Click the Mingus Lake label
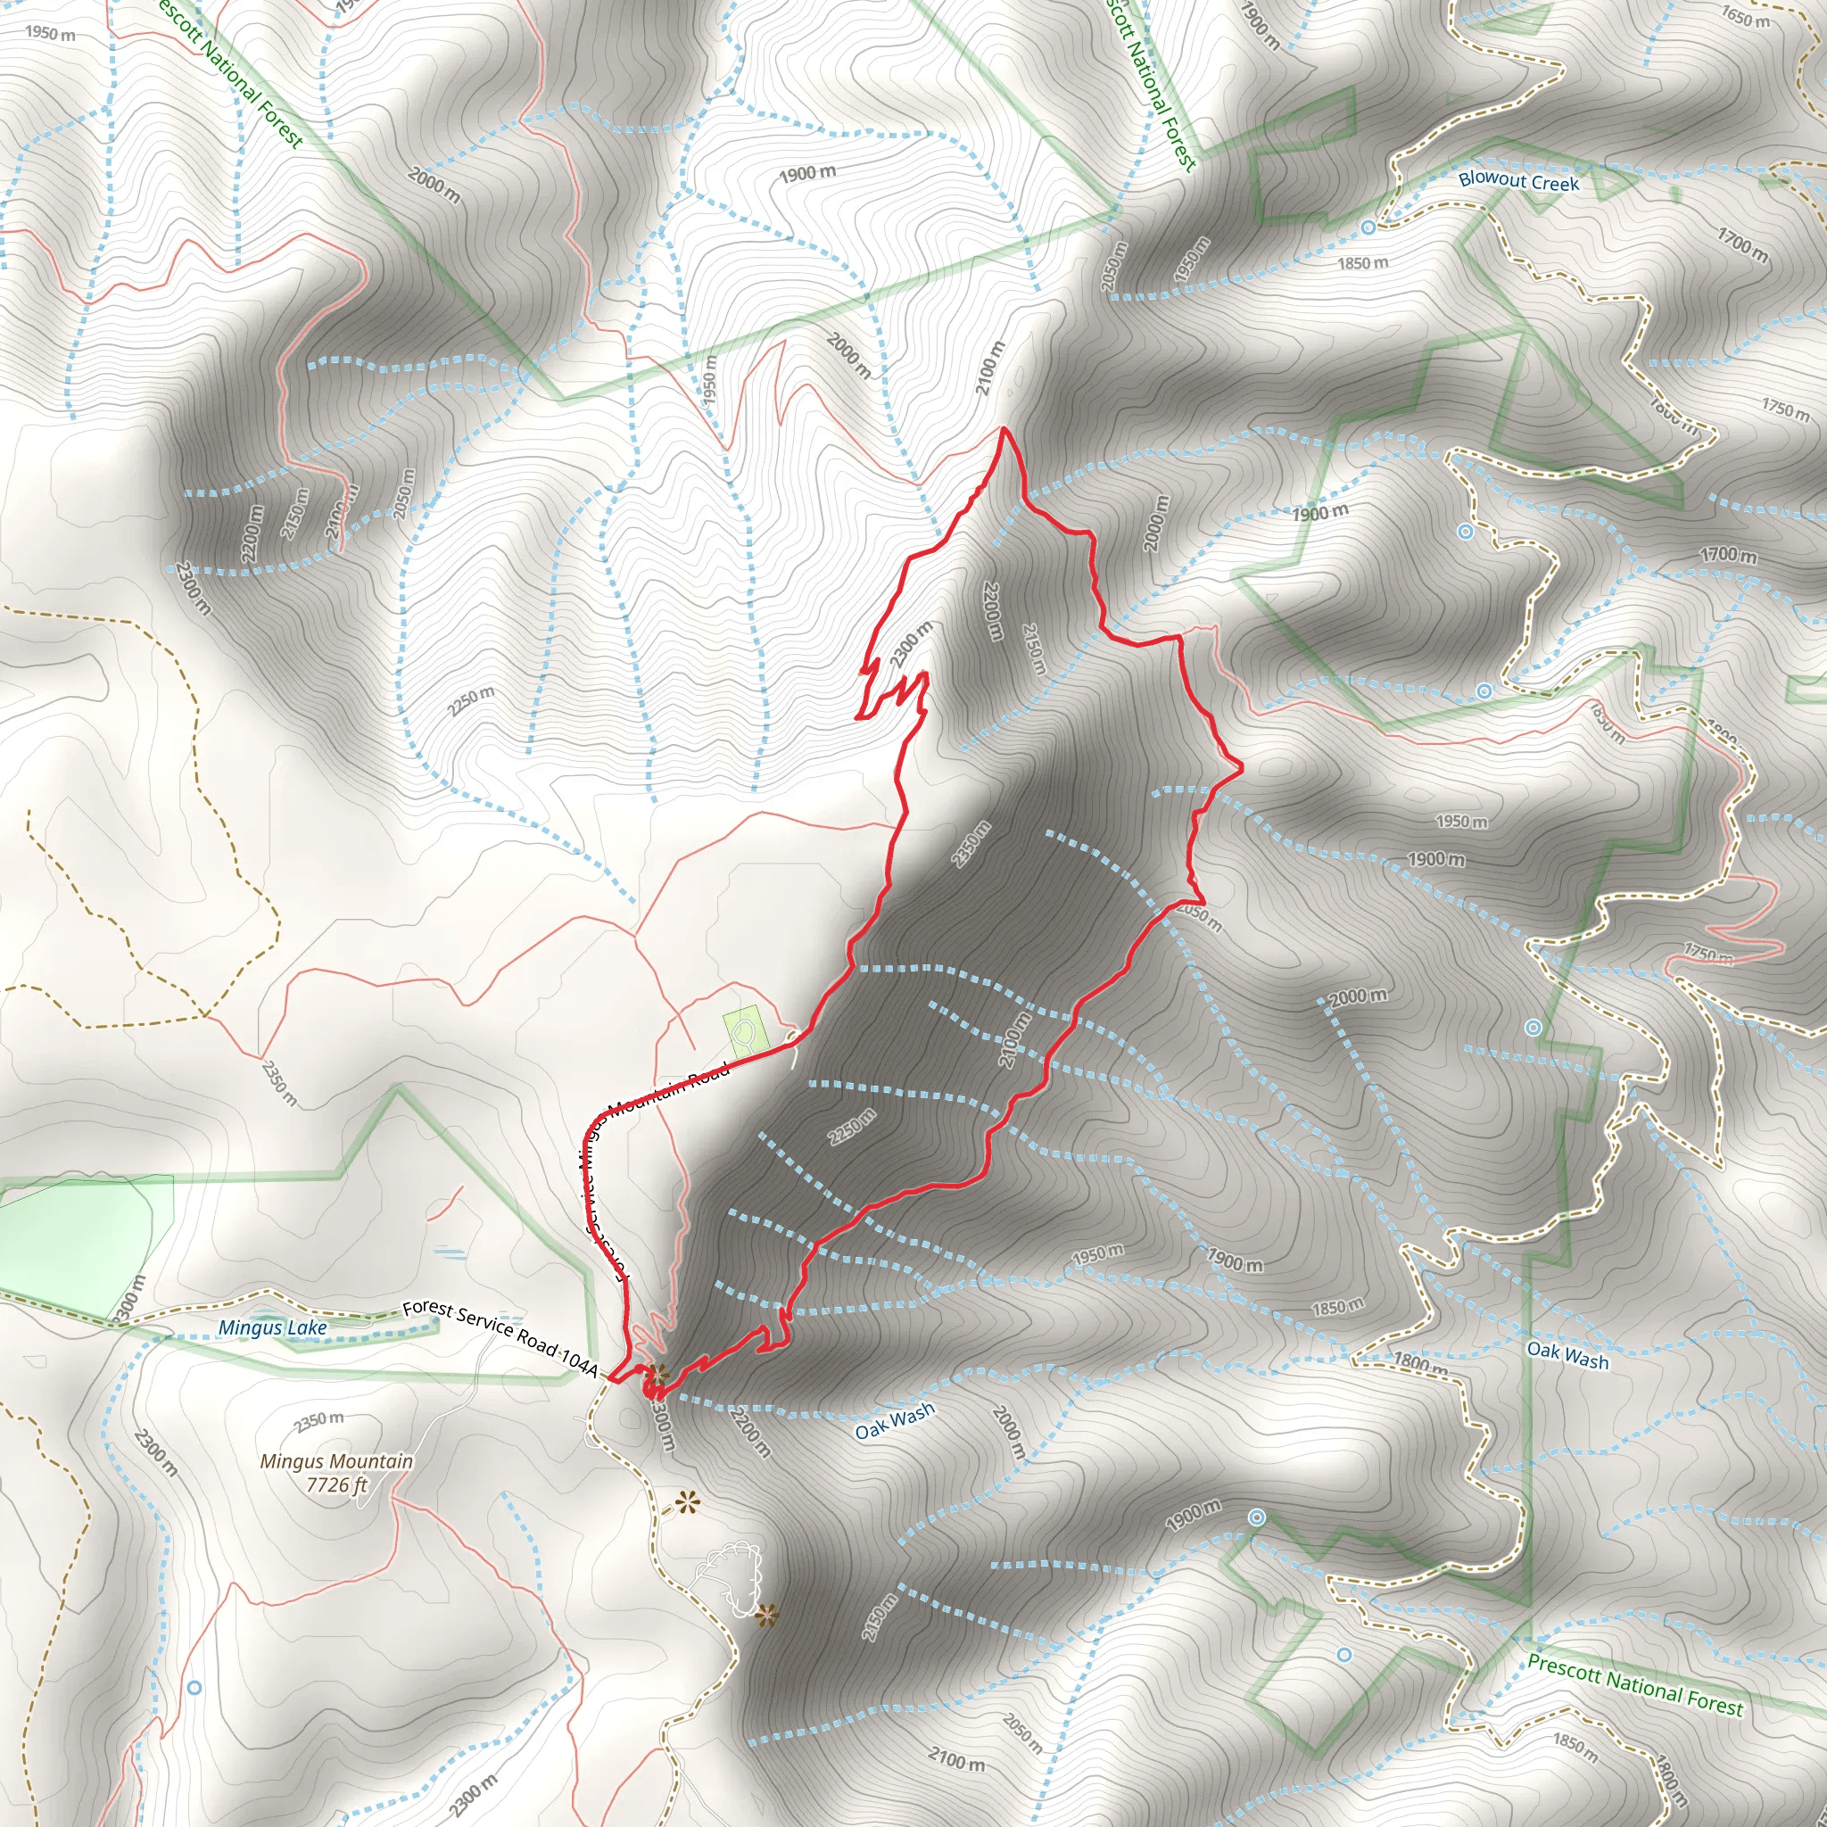tap(272, 1327)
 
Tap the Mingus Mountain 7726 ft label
tap(336, 1472)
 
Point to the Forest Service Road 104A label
tap(500, 1335)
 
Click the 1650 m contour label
tap(1745, 16)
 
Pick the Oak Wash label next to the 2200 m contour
tap(895, 1420)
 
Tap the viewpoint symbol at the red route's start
tap(658, 1371)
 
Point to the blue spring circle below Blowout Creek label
tap(1368, 227)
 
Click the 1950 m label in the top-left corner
tap(50, 33)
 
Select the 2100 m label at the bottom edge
tap(956, 1760)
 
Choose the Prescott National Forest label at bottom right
tap(1634, 1684)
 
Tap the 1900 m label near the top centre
tap(807, 174)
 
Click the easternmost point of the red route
tap(1241, 770)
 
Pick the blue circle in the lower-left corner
tap(194, 1687)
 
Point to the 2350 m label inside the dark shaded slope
tap(971, 844)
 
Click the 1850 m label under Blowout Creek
tap(1363, 263)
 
